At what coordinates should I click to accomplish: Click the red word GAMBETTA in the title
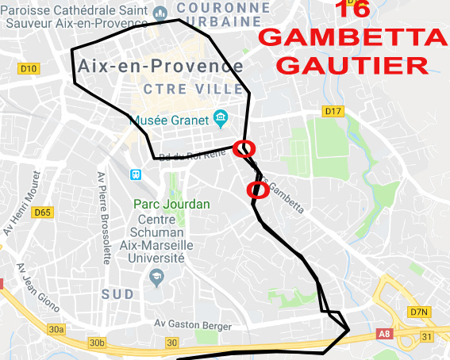pos(353,37)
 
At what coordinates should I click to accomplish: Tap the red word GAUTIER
pos(353,64)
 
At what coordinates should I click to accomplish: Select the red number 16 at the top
pos(352,9)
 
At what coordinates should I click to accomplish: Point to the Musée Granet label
pos(169,121)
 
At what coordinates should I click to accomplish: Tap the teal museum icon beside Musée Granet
pos(221,120)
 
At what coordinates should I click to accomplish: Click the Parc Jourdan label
pos(172,204)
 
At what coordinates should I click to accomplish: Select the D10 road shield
pos(29,69)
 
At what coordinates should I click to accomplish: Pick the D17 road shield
pos(333,112)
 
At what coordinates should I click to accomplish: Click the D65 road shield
pos(42,213)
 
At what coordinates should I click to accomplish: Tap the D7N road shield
pos(419,312)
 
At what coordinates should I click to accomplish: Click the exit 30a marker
pos(55,329)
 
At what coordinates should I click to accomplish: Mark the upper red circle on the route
pos(245,148)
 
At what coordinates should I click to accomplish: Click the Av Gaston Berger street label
pos(193,326)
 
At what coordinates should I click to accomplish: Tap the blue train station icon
pos(137,174)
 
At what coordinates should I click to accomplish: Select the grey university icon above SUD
pos(156,275)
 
